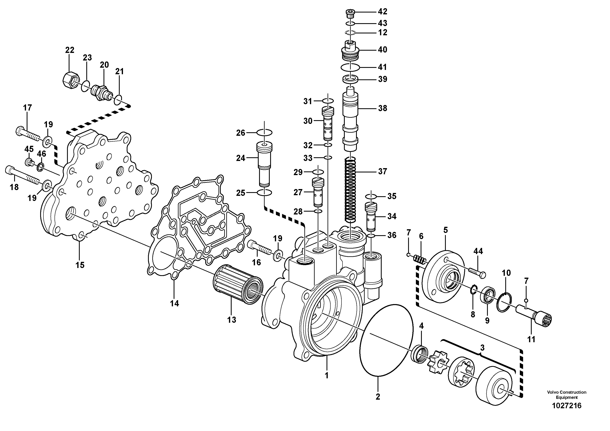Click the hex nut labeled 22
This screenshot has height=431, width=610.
(71, 79)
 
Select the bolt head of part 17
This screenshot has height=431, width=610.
(20, 131)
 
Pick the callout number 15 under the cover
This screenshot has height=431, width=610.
(80, 265)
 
